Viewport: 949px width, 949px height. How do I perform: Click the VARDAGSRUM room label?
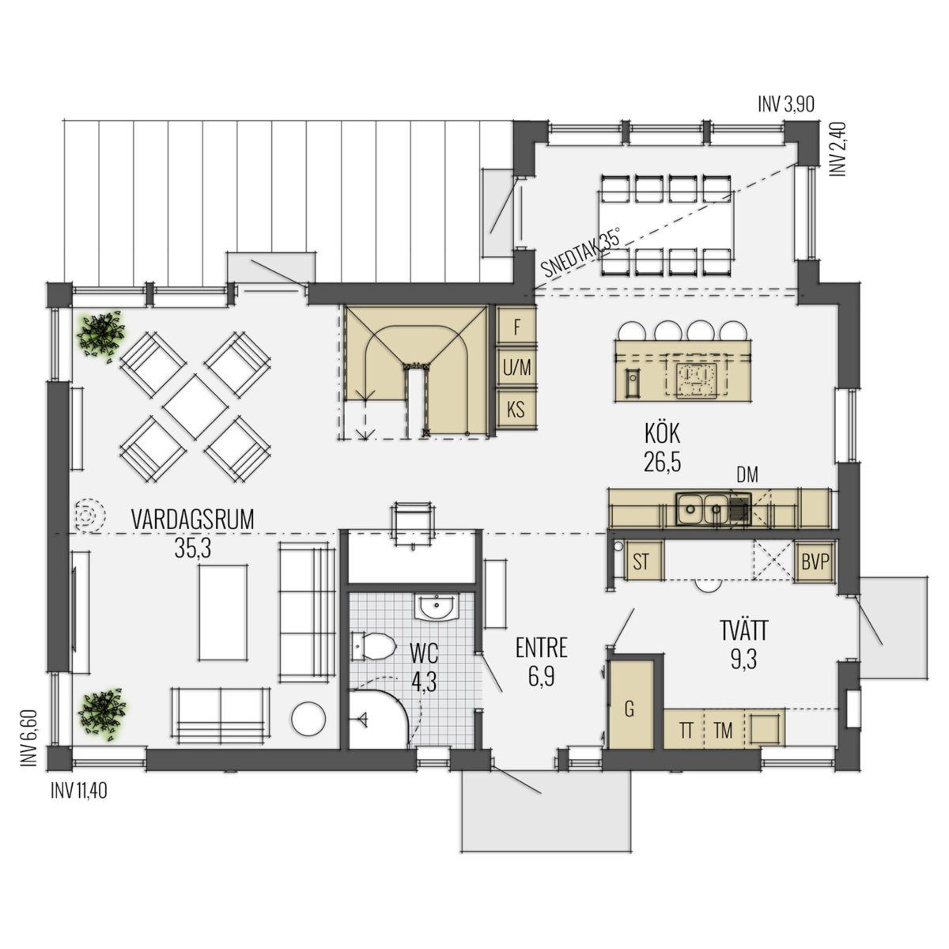pos(192,520)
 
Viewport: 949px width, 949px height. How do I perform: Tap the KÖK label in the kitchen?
pos(663,435)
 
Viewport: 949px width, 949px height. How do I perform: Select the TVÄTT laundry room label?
pos(743,631)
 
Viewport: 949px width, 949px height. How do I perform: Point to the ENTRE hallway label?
pos(542,648)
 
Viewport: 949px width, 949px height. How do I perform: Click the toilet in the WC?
pos(376,645)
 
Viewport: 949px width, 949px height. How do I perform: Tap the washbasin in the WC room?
pos(437,607)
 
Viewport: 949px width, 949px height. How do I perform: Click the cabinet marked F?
pos(516,327)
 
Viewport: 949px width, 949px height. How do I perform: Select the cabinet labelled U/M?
pos(516,368)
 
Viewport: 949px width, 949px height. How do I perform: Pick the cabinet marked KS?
pos(516,410)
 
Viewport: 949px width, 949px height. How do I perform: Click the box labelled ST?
pos(641,561)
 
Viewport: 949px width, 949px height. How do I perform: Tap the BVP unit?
pos(815,562)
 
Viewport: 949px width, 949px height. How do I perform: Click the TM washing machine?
pos(724,731)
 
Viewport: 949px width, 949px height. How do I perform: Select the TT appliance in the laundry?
pos(686,731)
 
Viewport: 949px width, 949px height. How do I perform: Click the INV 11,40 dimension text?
pos(79,792)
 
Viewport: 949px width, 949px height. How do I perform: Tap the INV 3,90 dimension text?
pos(786,104)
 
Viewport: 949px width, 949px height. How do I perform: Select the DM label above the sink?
pos(747,475)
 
